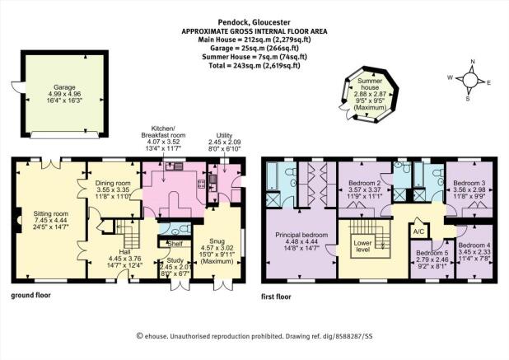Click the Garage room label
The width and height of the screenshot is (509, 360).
[64, 87]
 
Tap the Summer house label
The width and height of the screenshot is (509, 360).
[370, 84]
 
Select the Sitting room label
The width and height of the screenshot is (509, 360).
[51, 213]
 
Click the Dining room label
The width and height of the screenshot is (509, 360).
[114, 183]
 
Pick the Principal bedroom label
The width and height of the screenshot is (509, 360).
[301, 235]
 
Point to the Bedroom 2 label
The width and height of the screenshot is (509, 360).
[365, 183]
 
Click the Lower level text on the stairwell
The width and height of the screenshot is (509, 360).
[362, 246]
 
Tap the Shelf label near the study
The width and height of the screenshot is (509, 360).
[175, 244]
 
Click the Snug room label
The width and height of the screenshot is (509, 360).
[217, 241]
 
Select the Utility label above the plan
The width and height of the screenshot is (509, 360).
[225, 136]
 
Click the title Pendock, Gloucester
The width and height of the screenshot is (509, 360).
[254, 22]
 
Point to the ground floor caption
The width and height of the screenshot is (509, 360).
[31, 296]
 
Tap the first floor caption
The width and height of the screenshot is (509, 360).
[276, 297]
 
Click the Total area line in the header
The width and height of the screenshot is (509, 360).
[254, 65]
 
